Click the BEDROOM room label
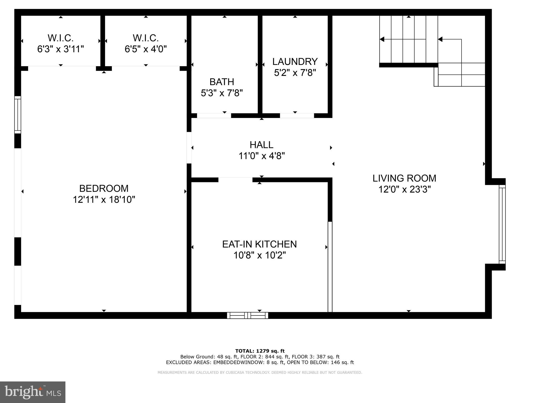(x=104, y=188)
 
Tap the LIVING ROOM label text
(x=404, y=178)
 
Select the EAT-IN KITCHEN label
(x=259, y=244)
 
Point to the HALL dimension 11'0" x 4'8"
(x=261, y=156)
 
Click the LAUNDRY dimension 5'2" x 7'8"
(x=295, y=73)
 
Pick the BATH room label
(x=222, y=82)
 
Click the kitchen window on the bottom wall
(x=247, y=315)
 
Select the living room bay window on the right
(x=502, y=224)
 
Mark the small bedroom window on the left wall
(x=18, y=114)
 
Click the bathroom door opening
(x=214, y=116)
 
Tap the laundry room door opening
(x=297, y=116)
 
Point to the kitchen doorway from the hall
(x=235, y=180)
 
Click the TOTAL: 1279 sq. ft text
(x=260, y=351)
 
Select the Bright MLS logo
(x=33, y=392)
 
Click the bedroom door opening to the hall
(x=189, y=147)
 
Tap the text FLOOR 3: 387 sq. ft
(x=315, y=357)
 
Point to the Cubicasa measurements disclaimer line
(x=260, y=373)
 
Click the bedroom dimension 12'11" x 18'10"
(x=104, y=200)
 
